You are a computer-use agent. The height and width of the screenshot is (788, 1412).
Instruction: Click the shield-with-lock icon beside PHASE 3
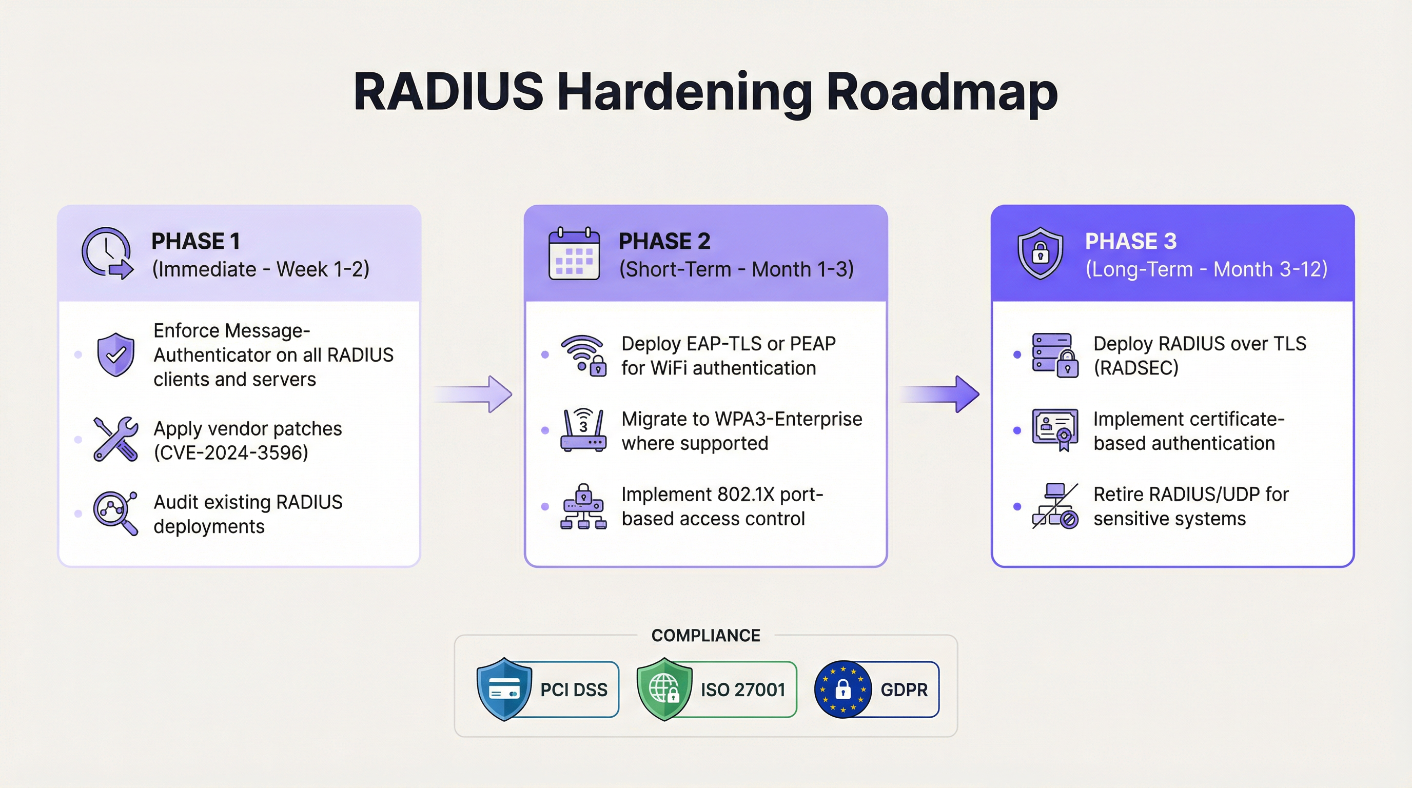click(1040, 253)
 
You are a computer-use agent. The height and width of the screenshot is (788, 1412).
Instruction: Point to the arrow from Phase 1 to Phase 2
click(475, 393)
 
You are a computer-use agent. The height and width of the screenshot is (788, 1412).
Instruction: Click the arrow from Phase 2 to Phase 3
click(942, 393)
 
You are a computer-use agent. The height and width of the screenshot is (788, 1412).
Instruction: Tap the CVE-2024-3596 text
click(231, 452)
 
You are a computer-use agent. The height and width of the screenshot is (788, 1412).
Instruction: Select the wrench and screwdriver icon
click(115, 439)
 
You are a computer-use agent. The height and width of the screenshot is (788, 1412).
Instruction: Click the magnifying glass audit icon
click(115, 513)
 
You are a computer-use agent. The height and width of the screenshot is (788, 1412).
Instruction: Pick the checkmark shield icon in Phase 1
click(115, 354)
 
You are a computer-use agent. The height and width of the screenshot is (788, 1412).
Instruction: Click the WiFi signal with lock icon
click(583, 355)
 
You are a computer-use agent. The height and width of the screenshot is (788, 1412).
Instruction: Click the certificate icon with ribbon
click(1054, 429)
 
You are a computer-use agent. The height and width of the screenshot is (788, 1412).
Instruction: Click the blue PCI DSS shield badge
click(504, 689)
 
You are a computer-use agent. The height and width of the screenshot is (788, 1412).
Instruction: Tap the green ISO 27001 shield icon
click(664, 689)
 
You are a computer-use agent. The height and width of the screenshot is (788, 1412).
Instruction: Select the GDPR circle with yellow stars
click(842, 689)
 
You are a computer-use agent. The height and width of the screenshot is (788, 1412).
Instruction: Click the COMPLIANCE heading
click(705, 635)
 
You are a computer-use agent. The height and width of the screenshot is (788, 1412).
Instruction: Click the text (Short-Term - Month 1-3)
click(736, 269)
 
